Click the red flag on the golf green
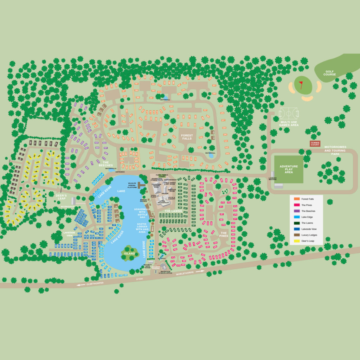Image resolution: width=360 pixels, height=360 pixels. pyautogui.click(x=301, y=84)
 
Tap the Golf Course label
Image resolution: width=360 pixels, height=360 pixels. pyautogui.click(x=329, y=73)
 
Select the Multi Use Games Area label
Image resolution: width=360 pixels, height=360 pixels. pyautogui.click(x=289, y=123)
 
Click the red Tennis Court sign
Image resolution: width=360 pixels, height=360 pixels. pyautogui.click(x=315, y=143)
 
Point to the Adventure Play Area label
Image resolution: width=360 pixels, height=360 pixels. pyautogui.click(x=289, y=169)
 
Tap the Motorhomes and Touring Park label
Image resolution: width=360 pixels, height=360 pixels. pyautogui.click(x=335, y=150)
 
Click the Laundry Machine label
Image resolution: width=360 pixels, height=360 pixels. pyautogui.click(x=272, y=179)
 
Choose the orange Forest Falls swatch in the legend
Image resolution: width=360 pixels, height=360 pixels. pyautogui.click(x=297, y=199)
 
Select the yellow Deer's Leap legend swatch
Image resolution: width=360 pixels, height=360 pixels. pyautogui.click(x=297, y=241)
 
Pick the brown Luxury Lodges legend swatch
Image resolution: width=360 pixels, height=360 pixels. pyautogui.click(x=297, y=235)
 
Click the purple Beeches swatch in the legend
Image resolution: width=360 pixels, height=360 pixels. pyautogui.click(x=297, y=211)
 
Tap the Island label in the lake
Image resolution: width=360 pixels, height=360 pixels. pyautogui.click(x=129, y=253)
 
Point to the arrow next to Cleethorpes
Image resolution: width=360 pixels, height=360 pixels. pyautogui.click(x=81, y=285)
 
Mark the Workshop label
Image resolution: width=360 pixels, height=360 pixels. pyautogui.click(x=67, y=206)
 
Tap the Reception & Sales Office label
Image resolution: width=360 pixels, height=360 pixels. pyautogui.click(x=165, y=272)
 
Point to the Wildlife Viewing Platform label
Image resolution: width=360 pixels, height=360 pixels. pyautogui.click(x=132, y=185)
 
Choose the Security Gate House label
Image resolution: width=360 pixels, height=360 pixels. pyautogui.click(x=147, y=266)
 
